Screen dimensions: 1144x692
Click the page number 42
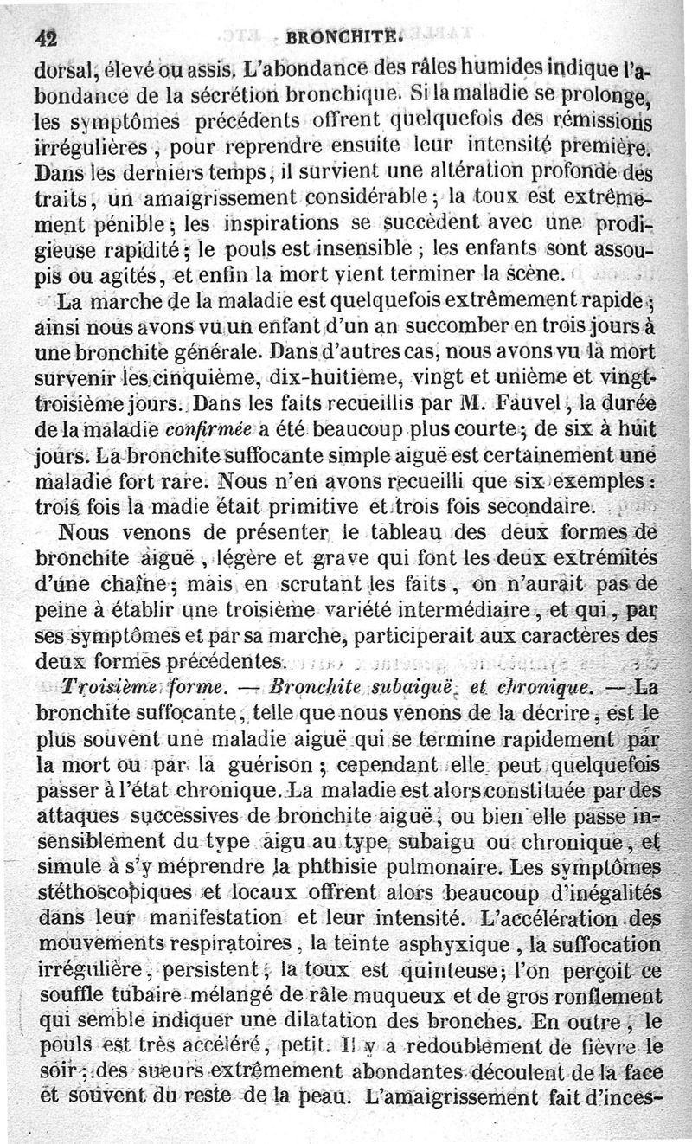(x=46, y=37)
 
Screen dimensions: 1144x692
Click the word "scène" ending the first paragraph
(x=538, y=276)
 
